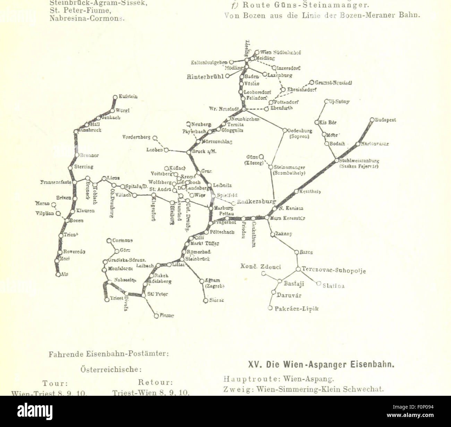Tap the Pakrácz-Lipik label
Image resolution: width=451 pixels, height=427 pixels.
pyautogui.click(x=296, y=308)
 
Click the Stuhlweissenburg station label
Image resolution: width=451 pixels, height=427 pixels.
pyautogui.click(x=359, y=161)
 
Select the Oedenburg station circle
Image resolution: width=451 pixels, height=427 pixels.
pyautogui.click(x=285, y=130)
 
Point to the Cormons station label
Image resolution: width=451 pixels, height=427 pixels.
pyautogui.click(x=122, y=240)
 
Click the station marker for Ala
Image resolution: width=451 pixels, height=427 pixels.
pyautogui.click(x=58, y=274)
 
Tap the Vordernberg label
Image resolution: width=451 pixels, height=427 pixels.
pyautogui.click(x=136, y=137)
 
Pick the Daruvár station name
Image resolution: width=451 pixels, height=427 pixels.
pyautogui.click(x=289, y=296)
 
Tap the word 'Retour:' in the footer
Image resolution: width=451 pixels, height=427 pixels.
pyautogui.click(x=155, y=383)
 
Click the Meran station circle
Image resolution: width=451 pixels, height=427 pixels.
pyautogui.click(x=54, y=205)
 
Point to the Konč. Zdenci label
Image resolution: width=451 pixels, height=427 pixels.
pyautogui.click(x=261, y=267)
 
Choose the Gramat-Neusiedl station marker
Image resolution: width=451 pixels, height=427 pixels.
pyautogui.click(x=312, y=83)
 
